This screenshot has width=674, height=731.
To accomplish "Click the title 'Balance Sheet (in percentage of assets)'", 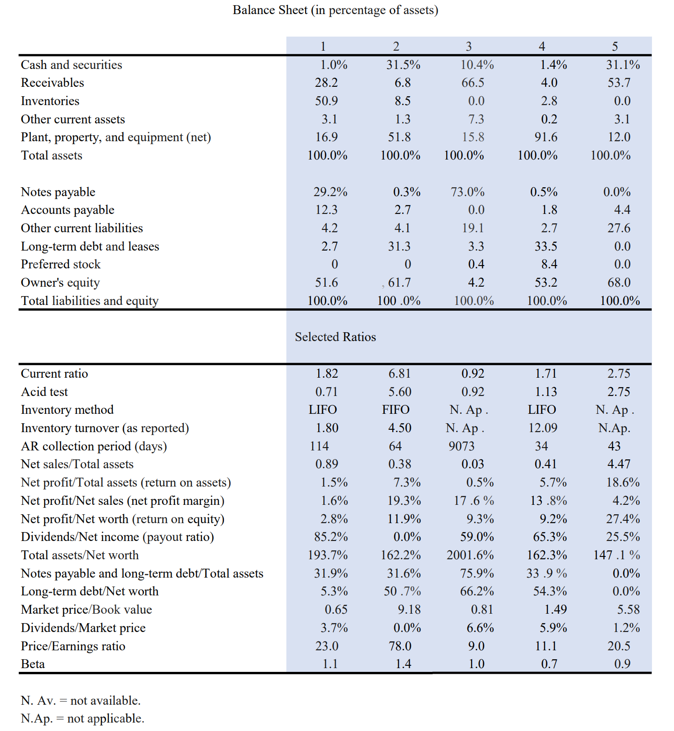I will coord(335,10).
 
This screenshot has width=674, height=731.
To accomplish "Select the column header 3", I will coord(468,46).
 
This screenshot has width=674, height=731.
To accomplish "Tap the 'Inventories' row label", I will coord(50,101).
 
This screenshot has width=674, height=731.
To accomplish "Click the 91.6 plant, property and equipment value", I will coord(546,137).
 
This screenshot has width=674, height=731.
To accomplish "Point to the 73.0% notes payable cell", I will coord(467,192).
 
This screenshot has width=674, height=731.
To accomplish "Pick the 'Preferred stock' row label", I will coord(60,264).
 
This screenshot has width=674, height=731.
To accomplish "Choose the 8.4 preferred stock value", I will coord(549,264).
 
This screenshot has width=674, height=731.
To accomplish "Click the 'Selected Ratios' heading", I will coord(335,337).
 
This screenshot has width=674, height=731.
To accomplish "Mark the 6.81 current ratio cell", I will coord(399,373).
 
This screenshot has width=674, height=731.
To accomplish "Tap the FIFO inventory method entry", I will coord(396,410).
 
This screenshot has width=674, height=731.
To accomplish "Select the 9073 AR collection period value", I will coord(461,446).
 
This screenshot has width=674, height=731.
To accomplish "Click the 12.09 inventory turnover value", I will coord(543,428).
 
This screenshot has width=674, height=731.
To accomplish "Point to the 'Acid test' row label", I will coord(45,392).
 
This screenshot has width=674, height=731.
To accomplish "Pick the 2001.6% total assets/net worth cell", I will coord(470,555).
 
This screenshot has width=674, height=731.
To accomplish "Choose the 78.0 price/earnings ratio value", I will coord(400,646).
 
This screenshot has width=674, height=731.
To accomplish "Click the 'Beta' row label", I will coord(33,664).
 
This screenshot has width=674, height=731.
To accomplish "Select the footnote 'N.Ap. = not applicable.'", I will coord(82,718).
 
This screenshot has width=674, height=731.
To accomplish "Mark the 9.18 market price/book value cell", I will coord(409,609).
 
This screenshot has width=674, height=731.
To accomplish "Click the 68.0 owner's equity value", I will coord(619,282).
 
